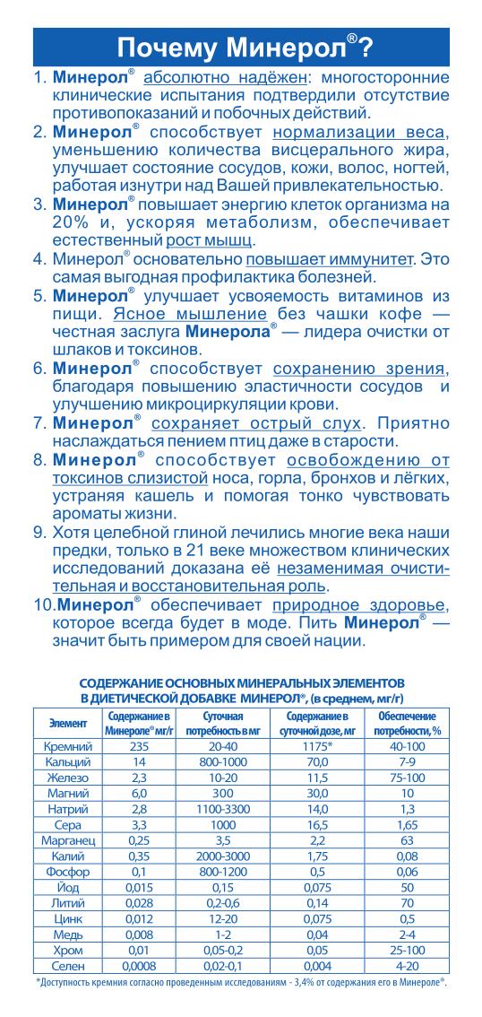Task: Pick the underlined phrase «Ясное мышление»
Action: coord(190,314)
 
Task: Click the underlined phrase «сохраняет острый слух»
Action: coord(257,423)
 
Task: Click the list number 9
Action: coord(40,532)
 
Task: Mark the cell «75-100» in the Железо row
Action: coord(407,777)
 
